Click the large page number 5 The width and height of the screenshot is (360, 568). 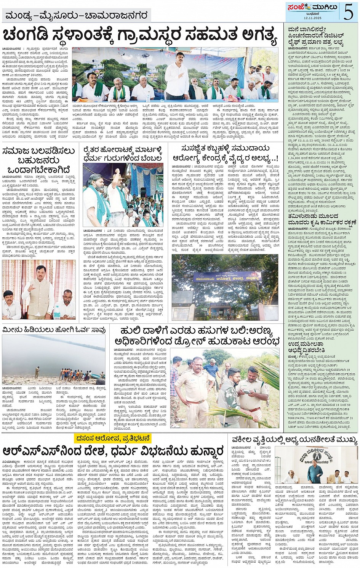348,11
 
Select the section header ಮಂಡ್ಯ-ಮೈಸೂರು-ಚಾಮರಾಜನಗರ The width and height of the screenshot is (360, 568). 77,16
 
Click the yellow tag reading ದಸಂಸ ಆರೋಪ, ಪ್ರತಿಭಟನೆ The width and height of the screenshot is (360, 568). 114,438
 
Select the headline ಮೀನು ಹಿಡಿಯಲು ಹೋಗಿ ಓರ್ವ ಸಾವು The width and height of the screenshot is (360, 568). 54,330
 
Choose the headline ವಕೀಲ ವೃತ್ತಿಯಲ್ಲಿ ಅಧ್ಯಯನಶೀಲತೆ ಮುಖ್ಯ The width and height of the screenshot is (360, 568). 295,440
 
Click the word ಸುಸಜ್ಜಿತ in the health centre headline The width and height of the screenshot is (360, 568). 198,148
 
